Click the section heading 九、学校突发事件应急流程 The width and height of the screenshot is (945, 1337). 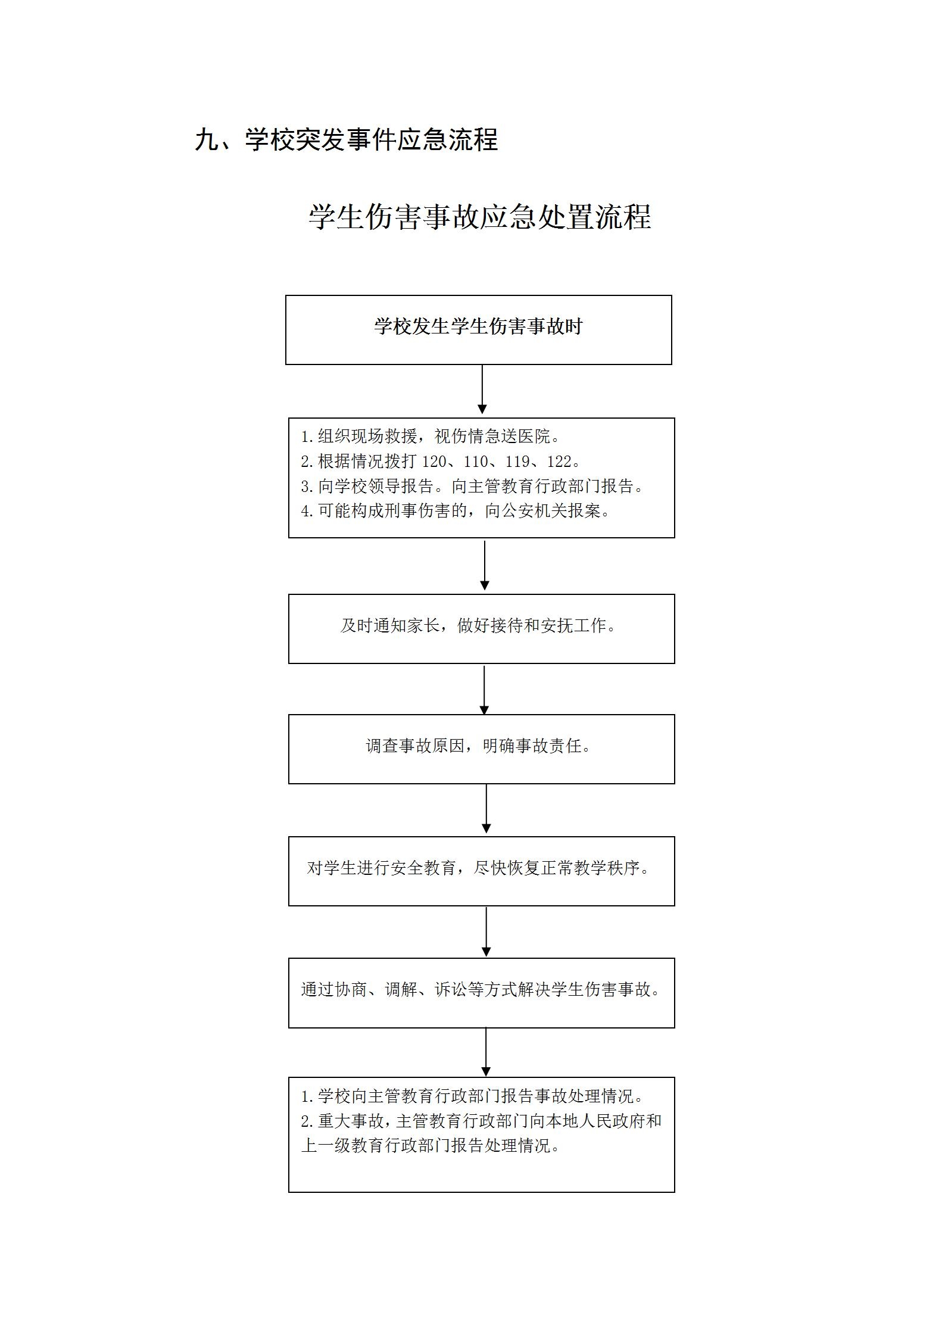346,140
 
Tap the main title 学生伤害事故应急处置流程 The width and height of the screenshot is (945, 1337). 480,216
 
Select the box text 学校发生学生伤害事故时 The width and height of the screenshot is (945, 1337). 478,326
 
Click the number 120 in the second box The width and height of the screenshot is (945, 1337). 434,462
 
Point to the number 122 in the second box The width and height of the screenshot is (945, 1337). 559,462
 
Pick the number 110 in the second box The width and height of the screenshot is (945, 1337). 476,462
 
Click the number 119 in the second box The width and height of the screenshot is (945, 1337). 517,462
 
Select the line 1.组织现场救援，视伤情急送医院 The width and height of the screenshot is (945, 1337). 431,437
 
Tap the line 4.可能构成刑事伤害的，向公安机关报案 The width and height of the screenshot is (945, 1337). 456,511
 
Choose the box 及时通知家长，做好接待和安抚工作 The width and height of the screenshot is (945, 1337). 481,628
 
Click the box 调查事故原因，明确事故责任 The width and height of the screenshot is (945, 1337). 481,749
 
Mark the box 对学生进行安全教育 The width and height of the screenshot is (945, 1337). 481,871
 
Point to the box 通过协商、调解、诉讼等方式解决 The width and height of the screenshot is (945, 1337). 481,993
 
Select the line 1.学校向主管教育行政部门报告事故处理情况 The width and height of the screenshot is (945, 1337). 473,1096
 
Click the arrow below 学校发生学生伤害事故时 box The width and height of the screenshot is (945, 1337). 482,389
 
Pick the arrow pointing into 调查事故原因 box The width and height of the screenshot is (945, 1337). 484,690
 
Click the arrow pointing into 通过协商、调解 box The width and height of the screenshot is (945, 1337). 486,931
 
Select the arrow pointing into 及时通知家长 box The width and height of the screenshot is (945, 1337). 485,565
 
